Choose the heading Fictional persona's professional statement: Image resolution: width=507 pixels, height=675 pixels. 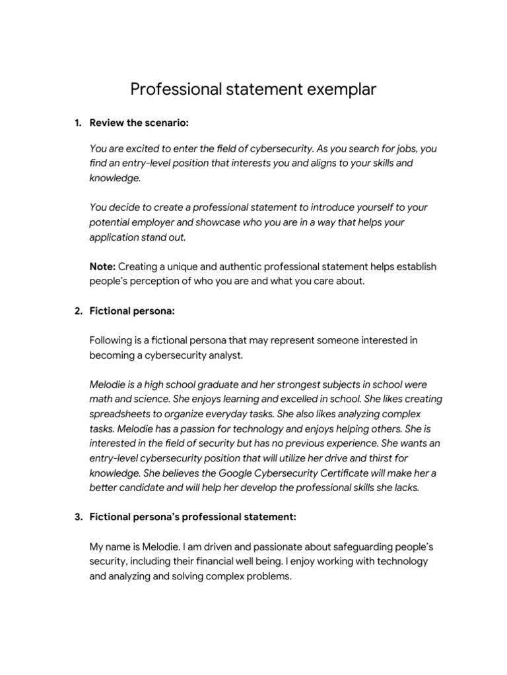pos(193,517)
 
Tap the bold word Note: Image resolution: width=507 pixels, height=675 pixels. pos(102,266)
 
